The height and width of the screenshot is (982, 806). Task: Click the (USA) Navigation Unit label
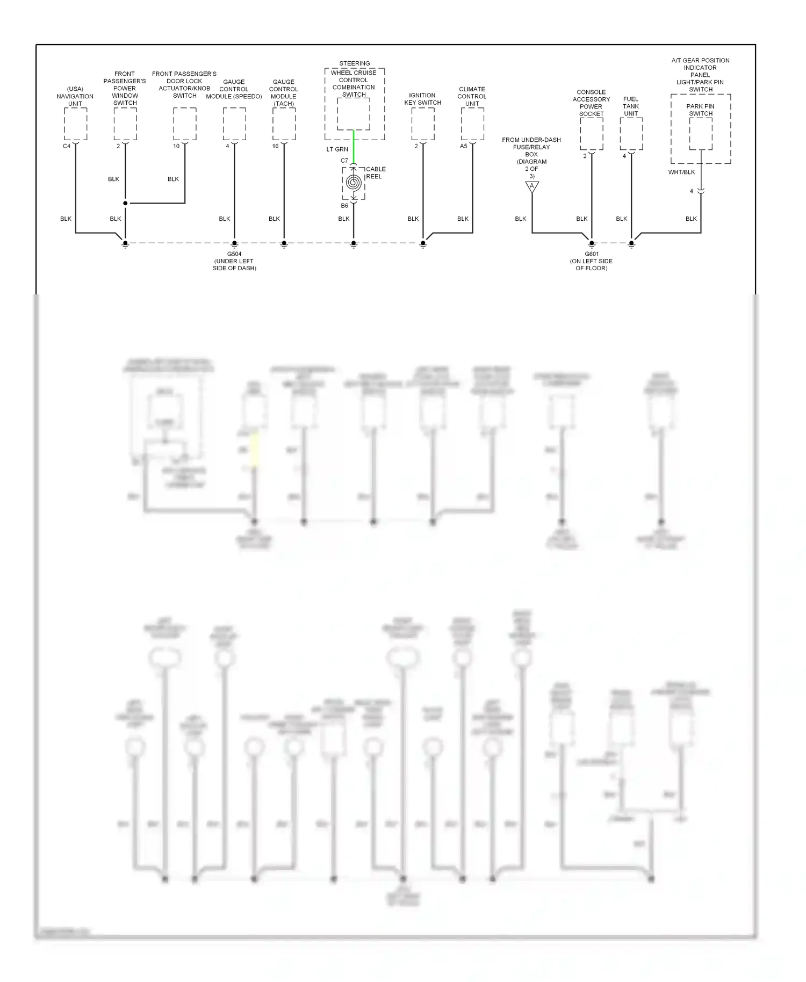[75, 96]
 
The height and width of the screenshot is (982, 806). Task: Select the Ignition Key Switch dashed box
[423, 124]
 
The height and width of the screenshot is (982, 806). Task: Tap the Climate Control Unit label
[472, 96]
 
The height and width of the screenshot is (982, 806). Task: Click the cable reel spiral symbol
[353, 183]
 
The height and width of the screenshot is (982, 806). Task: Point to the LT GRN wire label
[337, 149]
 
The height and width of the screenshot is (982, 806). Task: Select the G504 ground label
[234, 261]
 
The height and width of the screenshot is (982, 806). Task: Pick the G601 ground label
[591, 261]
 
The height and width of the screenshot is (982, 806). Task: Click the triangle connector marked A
[532, 186]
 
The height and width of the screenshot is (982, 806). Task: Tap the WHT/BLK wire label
[681, 172]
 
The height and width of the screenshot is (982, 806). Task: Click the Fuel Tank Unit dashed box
[631, 134]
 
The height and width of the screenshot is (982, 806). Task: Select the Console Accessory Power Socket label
[591, 103]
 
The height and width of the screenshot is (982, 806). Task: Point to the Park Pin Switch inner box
[701, 134]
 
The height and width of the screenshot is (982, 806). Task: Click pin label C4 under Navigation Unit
[67, 146]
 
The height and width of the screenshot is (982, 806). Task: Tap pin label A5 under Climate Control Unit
[463, 146]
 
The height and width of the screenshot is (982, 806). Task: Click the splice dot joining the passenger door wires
[125, 203]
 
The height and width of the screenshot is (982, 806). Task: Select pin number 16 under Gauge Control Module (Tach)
[275, 146]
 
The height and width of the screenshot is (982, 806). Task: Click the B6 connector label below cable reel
[344, 206]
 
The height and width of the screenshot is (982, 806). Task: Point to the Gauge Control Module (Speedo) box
[234, 124]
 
